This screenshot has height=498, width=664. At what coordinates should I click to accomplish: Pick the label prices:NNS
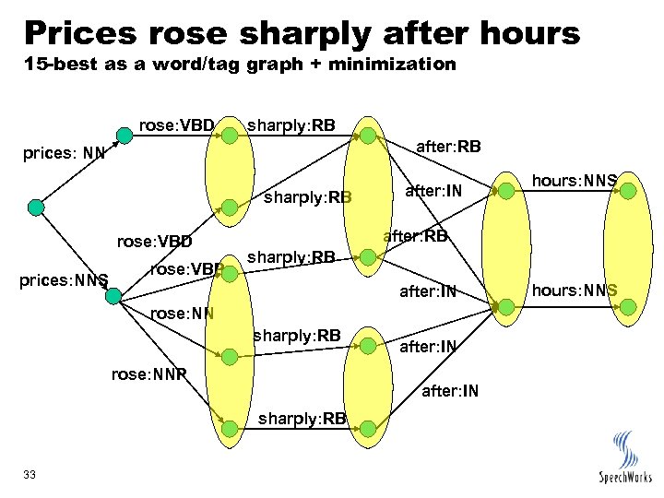coord(62,279)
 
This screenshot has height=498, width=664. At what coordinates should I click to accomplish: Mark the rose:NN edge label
coord(182,312)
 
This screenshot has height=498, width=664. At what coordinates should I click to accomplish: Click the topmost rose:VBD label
coord(176,124)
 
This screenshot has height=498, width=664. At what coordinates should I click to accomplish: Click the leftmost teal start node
coord(35,207)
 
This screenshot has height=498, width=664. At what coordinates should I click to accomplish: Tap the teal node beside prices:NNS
coord(114,295)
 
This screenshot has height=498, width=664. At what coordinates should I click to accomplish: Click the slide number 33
coord(30,474)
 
